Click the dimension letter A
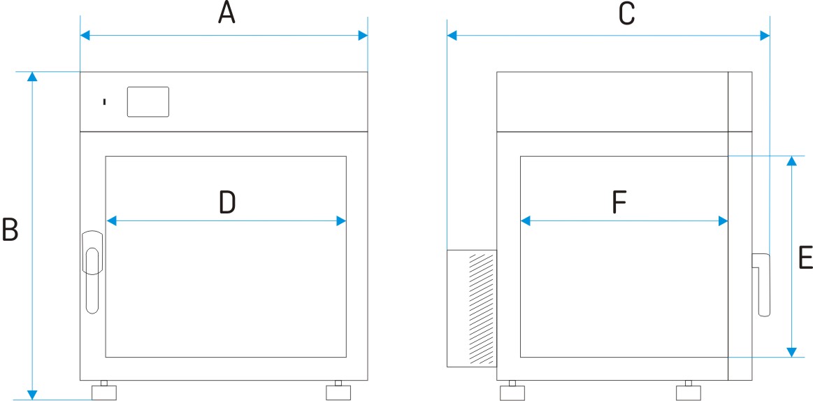coord(226,13)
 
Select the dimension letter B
coord(10,230)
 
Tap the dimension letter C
coord(627,14)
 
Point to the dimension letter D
coord(227,202)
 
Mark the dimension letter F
coord(619,202)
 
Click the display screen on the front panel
coord(148,101)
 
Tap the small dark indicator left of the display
coord(105,101)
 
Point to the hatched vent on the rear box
coord(480,309)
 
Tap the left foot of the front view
coord(103,390)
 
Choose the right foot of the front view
coord(338,390)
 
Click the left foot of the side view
coord(512,391)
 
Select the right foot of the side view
coord(689,391)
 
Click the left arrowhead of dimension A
coord(85,35)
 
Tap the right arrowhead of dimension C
coord(765,35)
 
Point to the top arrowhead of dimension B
coord(33,77)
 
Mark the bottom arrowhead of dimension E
coord(791,352)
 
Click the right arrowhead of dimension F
coord(724,222)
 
